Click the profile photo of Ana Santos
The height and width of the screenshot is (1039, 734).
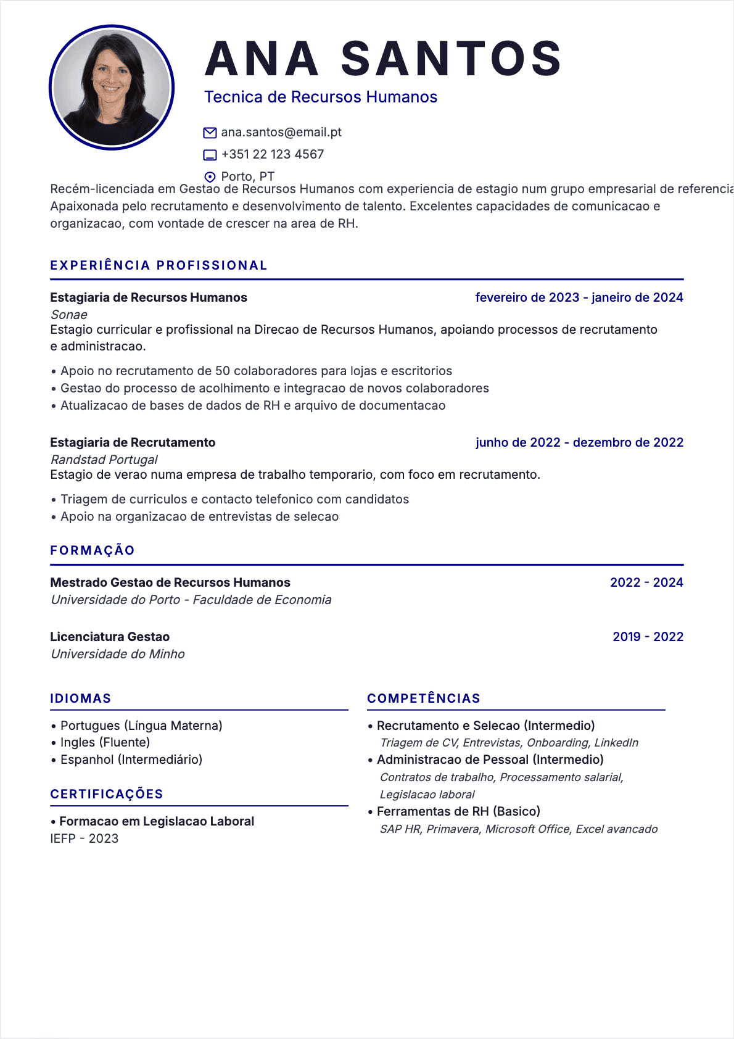click(x=112, y=87)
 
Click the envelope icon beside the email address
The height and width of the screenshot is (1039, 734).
click(x=210, y=133)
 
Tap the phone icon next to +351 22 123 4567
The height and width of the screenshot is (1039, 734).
click(x=210, y=155)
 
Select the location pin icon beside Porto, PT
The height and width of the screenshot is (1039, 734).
click(x=210, y=177)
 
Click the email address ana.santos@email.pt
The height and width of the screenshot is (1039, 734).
click(x=281, y=132)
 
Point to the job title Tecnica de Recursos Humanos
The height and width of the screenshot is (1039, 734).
click(x=321, y=97)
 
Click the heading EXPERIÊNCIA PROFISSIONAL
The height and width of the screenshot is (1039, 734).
click(x=159, y=265)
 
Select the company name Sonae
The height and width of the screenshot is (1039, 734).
click(x=69, y=315)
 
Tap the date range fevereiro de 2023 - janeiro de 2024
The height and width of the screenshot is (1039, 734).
click(x=579, y=297)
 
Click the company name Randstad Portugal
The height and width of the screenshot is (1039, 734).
click(x=104, y=460)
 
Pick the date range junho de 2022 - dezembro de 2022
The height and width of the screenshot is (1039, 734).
click(x=579, y=442)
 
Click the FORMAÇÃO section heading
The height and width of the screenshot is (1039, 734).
click(x=93, y=550)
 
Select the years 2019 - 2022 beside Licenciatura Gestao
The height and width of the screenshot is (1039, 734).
click(x=648, y=637)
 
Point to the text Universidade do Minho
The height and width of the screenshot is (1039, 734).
click(x=118, y=654)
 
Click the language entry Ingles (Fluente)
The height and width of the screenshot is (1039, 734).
click(x=105, y=742)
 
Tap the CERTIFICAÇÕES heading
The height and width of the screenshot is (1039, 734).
click(x=107, y=794)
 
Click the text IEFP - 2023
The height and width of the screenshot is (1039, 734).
click(x=85, y=838)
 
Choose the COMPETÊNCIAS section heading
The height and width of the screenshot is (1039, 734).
click(x=424, y=698)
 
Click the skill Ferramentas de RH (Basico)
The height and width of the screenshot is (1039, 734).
click(x=458, y=811)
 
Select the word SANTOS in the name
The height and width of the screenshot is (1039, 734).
click(x=451, y=59)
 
